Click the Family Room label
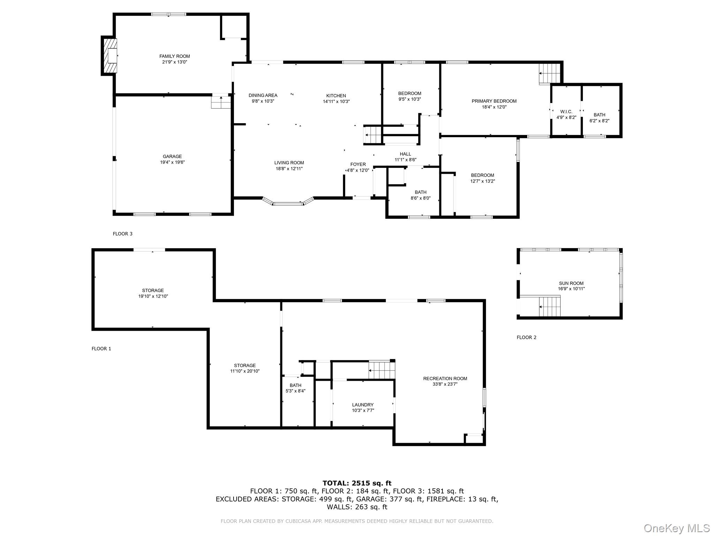[175, 56]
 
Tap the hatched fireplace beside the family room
[109, 56]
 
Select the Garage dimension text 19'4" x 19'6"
[172, 162]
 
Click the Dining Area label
[263, 95]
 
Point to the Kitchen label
[336, 96]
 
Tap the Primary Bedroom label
[494, 101]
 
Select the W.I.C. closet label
[566, 112]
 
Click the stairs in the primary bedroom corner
[549, 73]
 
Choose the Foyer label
[358, 164]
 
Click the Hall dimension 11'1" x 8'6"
[405, 160]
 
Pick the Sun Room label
[571, 283]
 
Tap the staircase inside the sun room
[549, 306]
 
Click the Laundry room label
[363, 405]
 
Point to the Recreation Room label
[445, 378]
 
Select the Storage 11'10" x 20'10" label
[245, 368]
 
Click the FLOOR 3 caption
[122, 234]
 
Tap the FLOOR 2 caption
[526, 337]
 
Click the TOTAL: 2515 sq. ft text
[357, 483]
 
